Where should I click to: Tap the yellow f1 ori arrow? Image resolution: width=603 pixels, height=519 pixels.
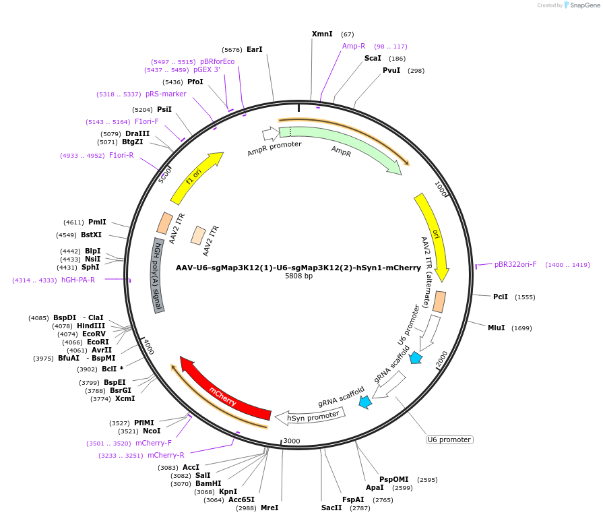195,179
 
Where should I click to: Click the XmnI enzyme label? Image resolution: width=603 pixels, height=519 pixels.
322,34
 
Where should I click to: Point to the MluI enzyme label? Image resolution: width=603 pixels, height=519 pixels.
496,328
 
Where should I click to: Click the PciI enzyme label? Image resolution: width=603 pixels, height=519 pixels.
501,297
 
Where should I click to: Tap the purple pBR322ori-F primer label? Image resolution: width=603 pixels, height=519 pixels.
515,264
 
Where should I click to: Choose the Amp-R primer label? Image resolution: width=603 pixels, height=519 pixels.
354,46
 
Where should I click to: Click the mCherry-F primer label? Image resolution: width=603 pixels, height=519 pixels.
154,443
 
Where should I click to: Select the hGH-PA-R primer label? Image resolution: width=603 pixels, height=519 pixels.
78,280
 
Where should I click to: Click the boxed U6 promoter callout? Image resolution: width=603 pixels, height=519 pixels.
449,439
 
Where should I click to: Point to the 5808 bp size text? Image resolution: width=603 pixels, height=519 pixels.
298,276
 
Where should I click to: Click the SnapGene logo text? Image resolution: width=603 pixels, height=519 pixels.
584,5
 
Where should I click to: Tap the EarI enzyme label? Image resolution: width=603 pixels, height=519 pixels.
255,49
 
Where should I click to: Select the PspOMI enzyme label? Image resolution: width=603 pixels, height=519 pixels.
394,480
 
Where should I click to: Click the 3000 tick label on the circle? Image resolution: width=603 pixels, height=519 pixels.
291,441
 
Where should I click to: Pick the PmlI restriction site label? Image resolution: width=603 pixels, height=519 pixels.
97,222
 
